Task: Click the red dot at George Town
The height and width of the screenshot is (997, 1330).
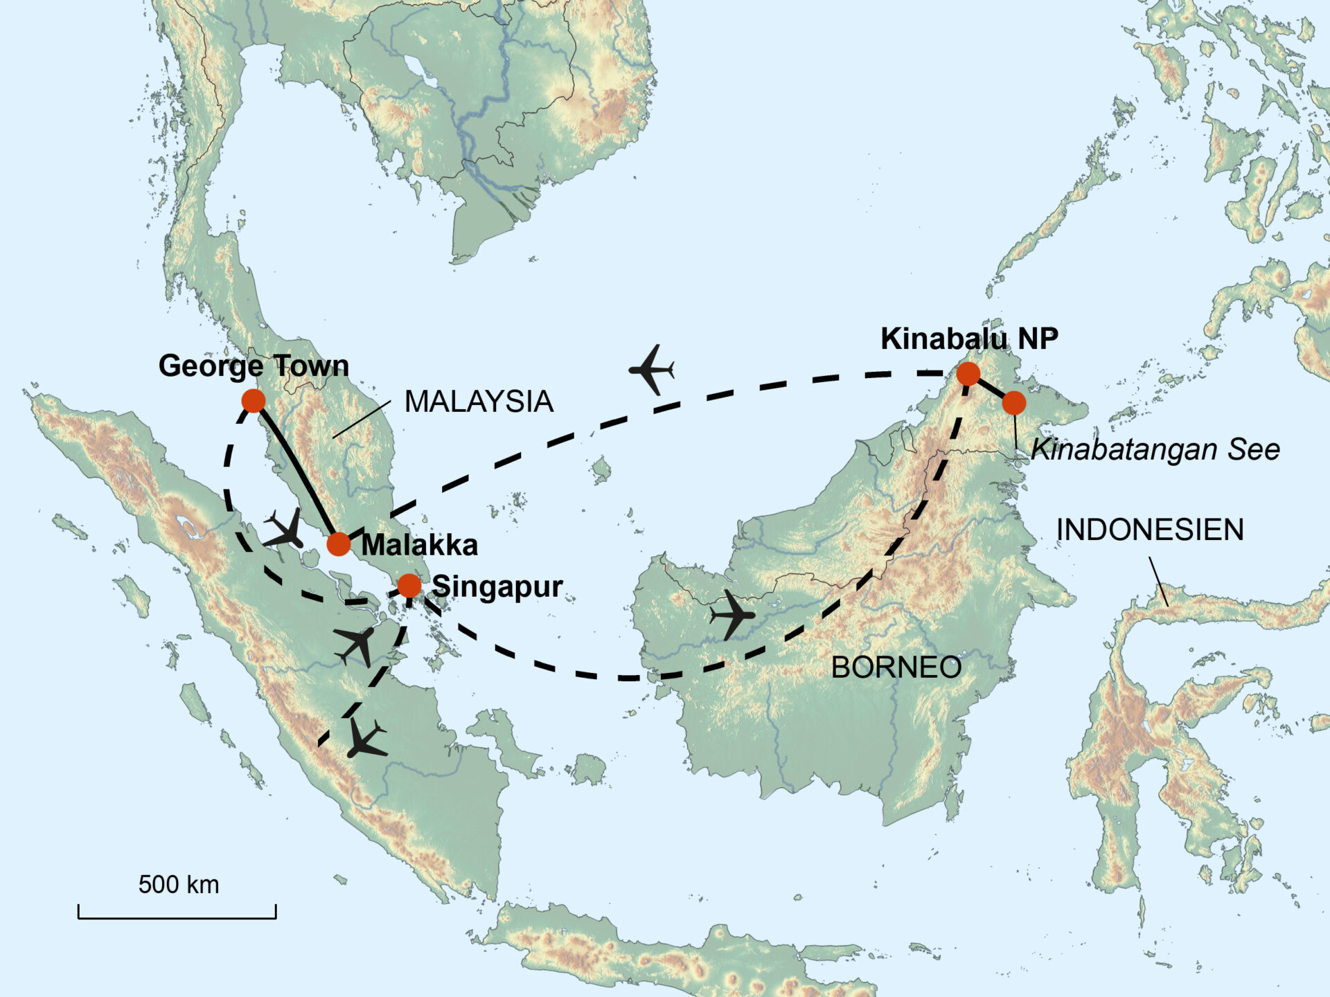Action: tap(254, 400)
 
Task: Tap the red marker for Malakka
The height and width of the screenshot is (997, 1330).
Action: tap(339, 544)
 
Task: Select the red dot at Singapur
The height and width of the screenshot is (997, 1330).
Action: tap(409, 586)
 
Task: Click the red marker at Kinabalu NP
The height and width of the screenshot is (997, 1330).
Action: tap(968, 374)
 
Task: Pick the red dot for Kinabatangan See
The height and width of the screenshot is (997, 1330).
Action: tap(1014, 402)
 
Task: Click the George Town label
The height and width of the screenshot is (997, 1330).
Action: tap(254, 366)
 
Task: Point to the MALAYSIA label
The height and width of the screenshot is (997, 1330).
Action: tap(479, 402)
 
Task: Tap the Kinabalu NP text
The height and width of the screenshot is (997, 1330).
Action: tap(969, 339)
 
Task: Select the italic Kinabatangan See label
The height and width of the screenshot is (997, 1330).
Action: tap(1155, 449)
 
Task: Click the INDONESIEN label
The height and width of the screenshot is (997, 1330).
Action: tap(1150, 530)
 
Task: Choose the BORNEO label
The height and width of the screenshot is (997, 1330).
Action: tap(896, 667)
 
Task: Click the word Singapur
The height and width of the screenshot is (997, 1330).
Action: tap(497, 586)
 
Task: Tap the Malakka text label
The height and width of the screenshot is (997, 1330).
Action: tap(420, 545)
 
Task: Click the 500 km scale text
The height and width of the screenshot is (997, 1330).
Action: tap(179, 884)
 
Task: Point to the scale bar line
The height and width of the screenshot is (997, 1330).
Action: tap(177, 918)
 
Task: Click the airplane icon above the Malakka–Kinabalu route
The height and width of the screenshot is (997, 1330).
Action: tap(651, 370)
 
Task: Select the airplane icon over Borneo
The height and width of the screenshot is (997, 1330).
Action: tap(731, 614)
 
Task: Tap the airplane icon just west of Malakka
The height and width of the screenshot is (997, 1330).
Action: tap(285, 530)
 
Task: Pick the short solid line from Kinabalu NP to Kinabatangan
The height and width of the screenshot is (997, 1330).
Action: tap(991, 388)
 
